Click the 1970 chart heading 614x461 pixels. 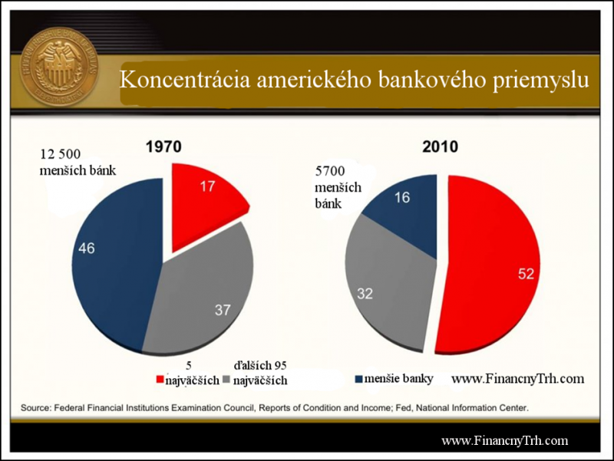click(163, 147)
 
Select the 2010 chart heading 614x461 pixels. click(440, 147)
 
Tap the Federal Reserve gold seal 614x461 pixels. click(59, 67)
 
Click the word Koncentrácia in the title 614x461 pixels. click(185, 80)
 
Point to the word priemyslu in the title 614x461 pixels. click(541, 81)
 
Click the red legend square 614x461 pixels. click(160, 379)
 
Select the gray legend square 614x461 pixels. click(226, 379)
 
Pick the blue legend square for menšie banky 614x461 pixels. click(358, 379)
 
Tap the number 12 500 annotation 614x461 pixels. click(61, 154)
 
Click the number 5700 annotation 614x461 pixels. click(330, 171)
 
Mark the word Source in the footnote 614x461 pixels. click(35, 408)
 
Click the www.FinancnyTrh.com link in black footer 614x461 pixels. click(505, 440)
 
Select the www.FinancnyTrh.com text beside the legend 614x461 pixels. click(517, 378)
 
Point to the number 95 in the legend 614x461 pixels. click(280, 366)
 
